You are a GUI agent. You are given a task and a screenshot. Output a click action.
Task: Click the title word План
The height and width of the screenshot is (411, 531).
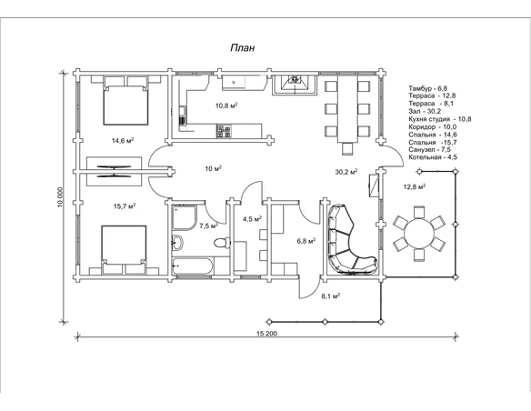pyautogui.click(x=243, y=47)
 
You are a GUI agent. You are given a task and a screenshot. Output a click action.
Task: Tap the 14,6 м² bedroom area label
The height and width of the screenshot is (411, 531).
pyautogui.click(x=123, y=140)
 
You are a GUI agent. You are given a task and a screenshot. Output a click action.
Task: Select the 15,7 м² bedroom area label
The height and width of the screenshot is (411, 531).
pyautogui.click(x=125, y=205)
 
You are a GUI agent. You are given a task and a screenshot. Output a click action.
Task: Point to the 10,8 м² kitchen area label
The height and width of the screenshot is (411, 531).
pyautogui.click(x=226, y=105)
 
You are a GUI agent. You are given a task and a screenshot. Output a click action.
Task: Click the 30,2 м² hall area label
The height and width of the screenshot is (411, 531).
pyautogui.click(x=346, y=172)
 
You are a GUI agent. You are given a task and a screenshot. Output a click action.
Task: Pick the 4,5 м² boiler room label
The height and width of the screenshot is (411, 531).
pyautogui.click(x=252, y=219)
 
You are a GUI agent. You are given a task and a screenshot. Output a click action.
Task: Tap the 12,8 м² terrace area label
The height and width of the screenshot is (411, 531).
pyautogui.click(x=415, y=186)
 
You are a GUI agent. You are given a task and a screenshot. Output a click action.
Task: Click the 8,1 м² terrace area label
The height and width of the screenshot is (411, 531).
pyautogui.click(x=331, y=296)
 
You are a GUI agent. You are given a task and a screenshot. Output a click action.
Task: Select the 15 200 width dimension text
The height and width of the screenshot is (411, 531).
pyautogui.click(x=266, y=334)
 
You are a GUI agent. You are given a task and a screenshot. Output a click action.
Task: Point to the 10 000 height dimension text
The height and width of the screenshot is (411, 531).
pyautogui.click(x=60, y=196)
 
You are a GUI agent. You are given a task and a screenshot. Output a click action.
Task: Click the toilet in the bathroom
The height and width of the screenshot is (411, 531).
pyautogui.click(x=222, y=243)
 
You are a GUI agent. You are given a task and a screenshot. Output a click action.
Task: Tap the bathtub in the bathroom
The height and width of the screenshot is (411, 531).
pyautogui.click(x=193, y=266)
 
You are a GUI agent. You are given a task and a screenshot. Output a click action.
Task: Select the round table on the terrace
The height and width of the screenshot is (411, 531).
pyautogui.click(x=419, y=234)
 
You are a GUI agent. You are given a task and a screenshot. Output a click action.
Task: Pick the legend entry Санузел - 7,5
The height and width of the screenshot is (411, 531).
pyautogui.click(x=429, y=150)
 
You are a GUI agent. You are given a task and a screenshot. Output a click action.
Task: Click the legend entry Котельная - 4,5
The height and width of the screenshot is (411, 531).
pyautogui.click(x=433, y=157)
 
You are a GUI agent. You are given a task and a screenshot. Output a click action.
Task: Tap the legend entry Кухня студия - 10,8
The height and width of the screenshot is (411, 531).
pyautogui.click(x=439, y=119)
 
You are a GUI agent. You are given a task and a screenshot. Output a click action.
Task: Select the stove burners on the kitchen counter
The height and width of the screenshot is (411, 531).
pyautogui.click(x=224, y=131)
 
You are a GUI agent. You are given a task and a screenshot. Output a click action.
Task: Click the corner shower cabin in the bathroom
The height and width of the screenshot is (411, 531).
pyautogui.click(x=185, y=217)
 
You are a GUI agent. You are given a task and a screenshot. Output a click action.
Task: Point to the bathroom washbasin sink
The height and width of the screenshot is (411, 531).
pyautogui.click(x=177, y=243)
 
